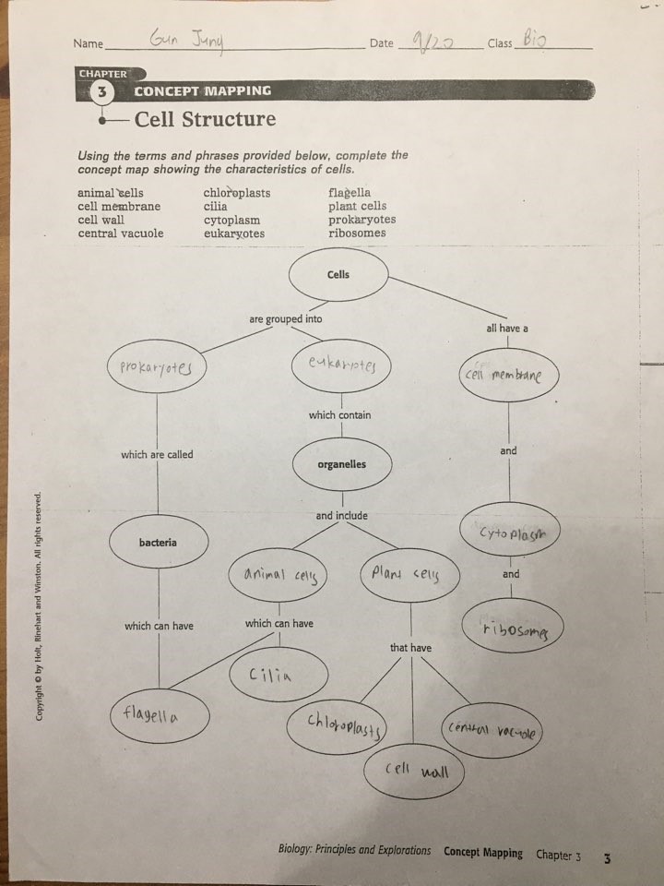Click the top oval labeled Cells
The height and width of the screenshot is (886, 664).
338,275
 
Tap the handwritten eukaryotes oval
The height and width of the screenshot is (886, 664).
341,365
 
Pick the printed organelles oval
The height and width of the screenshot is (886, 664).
341,464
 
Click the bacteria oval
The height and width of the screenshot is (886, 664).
158,543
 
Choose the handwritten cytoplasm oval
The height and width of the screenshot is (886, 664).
509,533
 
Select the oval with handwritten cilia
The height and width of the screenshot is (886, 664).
278,673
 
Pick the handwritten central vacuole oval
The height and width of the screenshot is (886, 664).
492,731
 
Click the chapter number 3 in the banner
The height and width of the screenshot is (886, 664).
101,91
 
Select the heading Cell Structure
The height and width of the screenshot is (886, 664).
205,119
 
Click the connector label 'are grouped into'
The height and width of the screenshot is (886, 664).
286,319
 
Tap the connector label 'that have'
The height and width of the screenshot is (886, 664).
410,648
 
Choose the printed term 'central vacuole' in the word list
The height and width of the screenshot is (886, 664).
121,233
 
